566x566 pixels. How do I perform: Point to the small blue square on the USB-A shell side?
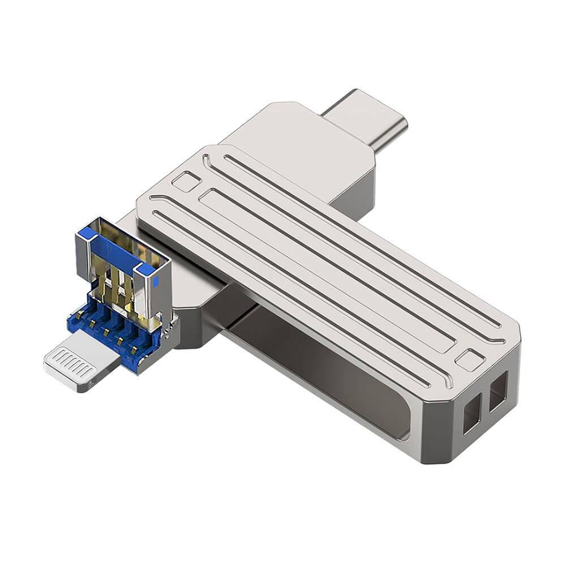coord(146,271)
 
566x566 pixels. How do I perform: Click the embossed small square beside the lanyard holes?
coord(470,360)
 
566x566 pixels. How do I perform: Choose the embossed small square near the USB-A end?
coord(186,182)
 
